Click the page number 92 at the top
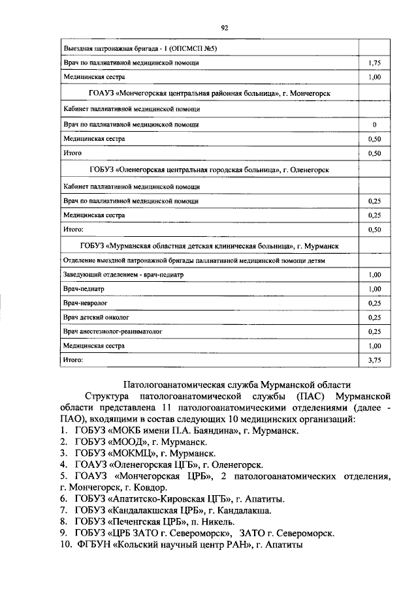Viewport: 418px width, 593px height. point(224,27)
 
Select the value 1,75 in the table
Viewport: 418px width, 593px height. point(374,63)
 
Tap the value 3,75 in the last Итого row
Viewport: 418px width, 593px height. point(374,359)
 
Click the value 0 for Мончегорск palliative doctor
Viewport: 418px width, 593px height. point(374,124)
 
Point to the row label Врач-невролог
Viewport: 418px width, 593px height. point(85,303)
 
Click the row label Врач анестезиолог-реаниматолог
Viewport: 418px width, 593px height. point(113,331)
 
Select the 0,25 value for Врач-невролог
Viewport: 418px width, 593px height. point(374,303)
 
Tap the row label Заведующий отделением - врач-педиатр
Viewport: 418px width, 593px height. point(123,275)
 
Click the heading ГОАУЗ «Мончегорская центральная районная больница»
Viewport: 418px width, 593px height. point(209,93)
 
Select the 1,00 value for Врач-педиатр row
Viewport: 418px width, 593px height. point(374,289)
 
